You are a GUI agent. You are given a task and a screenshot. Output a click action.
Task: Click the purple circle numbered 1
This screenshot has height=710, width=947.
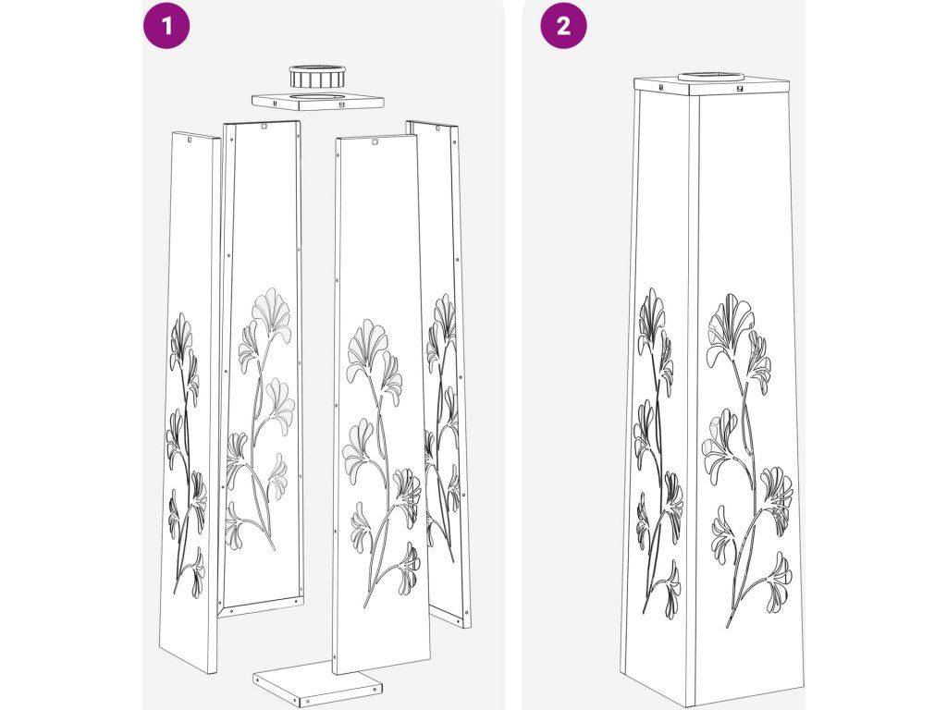tap(166, 26)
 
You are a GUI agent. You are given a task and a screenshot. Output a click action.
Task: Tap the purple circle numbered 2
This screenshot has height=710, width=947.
tap(563, 26)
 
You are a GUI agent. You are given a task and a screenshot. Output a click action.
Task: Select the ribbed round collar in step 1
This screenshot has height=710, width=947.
tap(317, 76)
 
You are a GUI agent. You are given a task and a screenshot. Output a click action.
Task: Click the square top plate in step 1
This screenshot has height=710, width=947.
tap(318, 102)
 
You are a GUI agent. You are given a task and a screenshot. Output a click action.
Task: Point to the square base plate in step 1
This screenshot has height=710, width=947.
tap(318, 686)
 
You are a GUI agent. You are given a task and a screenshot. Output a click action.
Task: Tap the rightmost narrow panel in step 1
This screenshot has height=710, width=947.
tap(439, 374)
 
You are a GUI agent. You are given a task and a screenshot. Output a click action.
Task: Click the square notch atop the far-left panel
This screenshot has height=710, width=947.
tap(190, 141)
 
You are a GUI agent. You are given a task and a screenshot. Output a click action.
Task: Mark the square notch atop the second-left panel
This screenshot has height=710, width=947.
tap(264, 126)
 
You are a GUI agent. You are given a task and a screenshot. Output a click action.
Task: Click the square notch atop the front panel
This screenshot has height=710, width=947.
tap(375, 142)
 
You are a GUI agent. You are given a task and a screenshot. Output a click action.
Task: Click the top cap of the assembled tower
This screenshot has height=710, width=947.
tap(714, 86)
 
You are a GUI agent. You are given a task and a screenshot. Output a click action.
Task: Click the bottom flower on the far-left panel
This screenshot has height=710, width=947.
tap(196, 572)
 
